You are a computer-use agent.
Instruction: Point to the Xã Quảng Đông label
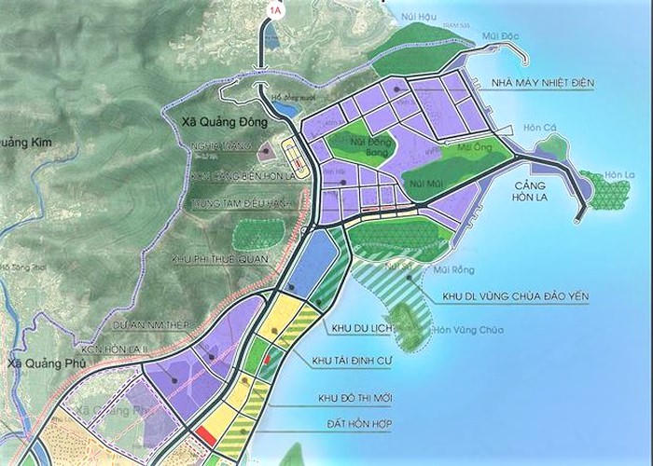coord(222,121)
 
